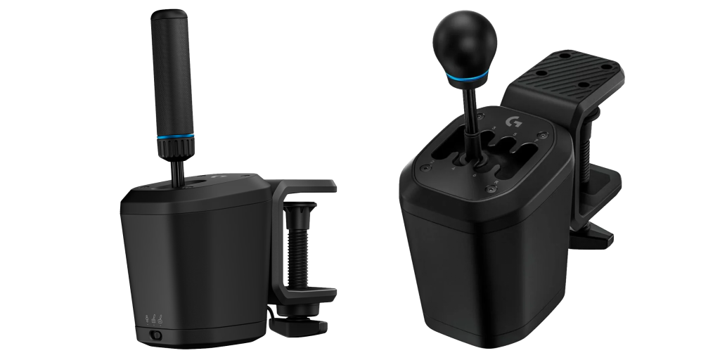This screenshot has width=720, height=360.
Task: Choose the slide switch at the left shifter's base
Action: pos(155,336)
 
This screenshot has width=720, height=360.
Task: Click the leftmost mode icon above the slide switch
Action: pos(146,319)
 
